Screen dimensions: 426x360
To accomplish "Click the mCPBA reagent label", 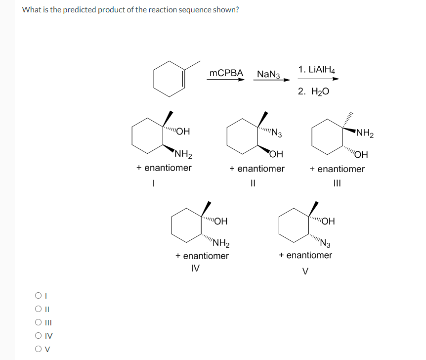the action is (x=226, y=73).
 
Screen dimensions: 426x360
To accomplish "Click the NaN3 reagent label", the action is (x=268, y=74).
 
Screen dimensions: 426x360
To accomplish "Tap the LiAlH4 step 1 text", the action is (x=317, y=69).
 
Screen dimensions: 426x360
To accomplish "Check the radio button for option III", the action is (x=38, y=323).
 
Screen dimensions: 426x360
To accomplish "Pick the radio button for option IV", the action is (x=38, y=336).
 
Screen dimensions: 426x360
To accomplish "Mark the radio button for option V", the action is (x=38, y=349).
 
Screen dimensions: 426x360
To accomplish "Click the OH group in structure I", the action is (x=182, y=132).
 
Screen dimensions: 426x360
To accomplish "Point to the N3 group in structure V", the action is (x=326, y=243).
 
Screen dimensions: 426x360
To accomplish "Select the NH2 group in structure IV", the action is (x=220, y=243).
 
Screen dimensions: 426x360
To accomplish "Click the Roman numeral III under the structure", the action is (x=337, y=182).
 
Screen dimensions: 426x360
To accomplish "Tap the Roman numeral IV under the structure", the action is (x=195, y=269).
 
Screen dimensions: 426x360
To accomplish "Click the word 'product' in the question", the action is (x=120, y=10).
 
